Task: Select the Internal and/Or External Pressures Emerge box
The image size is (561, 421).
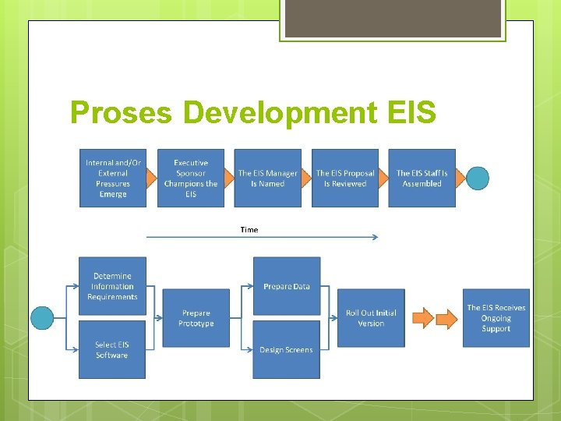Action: pos(113,178)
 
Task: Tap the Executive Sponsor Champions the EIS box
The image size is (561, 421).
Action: pos(191,178)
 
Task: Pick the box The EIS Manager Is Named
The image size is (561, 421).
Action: pos(268,178)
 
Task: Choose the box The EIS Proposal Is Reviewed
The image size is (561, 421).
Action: pos(345,178)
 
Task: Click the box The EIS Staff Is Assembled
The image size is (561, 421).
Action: pos(422,178)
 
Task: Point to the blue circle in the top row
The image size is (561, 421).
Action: pos(478,179)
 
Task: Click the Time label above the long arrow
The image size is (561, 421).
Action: pos(249,230)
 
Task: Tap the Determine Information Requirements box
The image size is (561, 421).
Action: pos(113,286)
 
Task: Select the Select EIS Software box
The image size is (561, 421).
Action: pos(112,349)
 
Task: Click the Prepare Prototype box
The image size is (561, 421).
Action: pos(196,318)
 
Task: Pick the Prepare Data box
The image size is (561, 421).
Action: pos(287,286)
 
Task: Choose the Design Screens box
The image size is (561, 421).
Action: pos(286,349)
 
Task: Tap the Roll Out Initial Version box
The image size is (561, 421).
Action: pos(371,318)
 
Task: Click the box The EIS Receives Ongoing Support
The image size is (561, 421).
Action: pos(496,318)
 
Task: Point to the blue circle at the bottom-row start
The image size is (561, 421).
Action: pos(42,318)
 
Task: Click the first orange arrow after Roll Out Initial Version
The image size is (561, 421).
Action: pos(422,318)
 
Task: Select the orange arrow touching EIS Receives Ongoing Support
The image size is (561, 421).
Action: pos(447,318)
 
